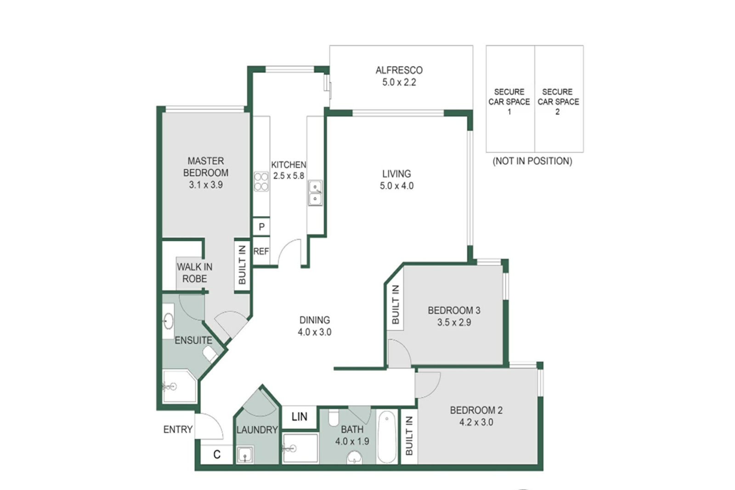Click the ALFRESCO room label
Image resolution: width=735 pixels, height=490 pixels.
pyautogui.click(x=399, y=70)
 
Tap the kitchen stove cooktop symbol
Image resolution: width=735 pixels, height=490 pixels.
pyautogui.click(x=261, y=182)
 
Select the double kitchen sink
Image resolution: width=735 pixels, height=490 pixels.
pyautogui.click(x=315, y=193)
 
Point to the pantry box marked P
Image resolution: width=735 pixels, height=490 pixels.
pyautogui.click(x=261, y=227)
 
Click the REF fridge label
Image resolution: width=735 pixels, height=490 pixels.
pyautogui.click(x=261, y=251)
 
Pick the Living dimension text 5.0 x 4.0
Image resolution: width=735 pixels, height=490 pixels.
pyautogui.click(x=397, y=186)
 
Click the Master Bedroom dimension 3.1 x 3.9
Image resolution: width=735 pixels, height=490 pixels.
pyautogui.click(x=206, y=185)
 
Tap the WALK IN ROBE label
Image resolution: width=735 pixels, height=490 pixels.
pyautogui.click(x=195, y=273)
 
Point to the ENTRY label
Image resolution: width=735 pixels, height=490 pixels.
pyautogui.click(x=178, y=429)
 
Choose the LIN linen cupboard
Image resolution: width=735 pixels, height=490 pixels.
pyautogui.click(x=300, y=417)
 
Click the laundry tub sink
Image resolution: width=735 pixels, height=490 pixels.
pyautogui.click(x=245, y=454)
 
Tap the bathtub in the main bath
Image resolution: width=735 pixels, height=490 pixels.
pyautogui.click(x=387, y=437)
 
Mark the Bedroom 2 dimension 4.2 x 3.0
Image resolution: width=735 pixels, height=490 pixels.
pyautogui.click(x=476, y=422)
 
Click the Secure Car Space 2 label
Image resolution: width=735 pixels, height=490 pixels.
pyautogui.click(x=558, y=102)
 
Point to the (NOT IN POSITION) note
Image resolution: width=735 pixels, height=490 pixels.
pyautogui.click(x=532, y=161)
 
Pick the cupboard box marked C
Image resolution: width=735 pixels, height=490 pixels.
pyautogui.click(x=217, y=455)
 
